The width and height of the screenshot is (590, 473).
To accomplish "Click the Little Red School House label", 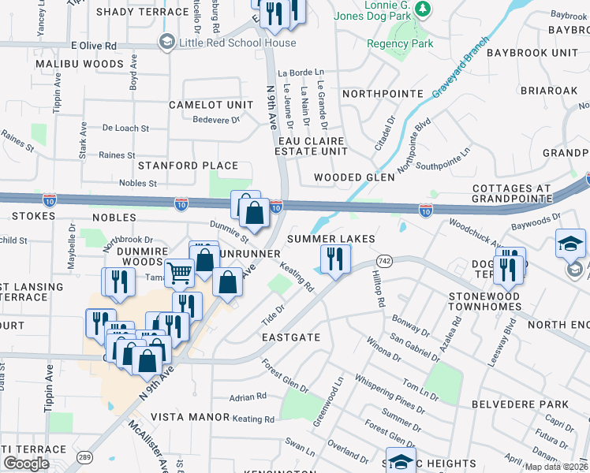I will [x=237, y=43].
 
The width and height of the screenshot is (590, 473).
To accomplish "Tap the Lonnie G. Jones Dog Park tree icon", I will [x=424, y=9].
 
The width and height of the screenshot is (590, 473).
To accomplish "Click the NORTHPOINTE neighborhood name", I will [x=383, y=93].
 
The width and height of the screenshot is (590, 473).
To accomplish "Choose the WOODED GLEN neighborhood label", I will [x=354, y=177].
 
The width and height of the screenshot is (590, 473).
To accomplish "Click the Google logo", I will [x=26, y=464].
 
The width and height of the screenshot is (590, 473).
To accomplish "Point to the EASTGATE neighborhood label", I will [x=291, y=337].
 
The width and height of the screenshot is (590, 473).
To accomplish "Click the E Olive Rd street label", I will [x=93, y=46].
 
